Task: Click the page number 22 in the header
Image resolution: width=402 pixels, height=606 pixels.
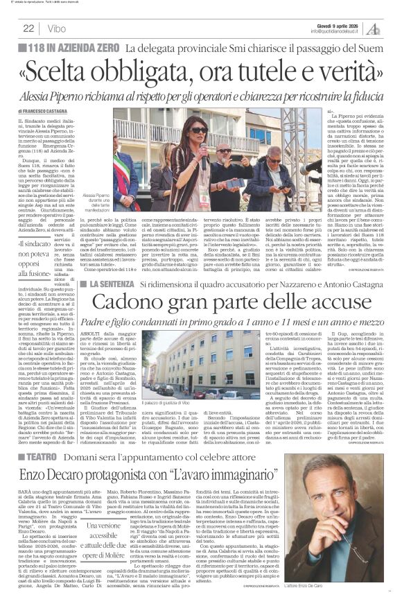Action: pos(28,28)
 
